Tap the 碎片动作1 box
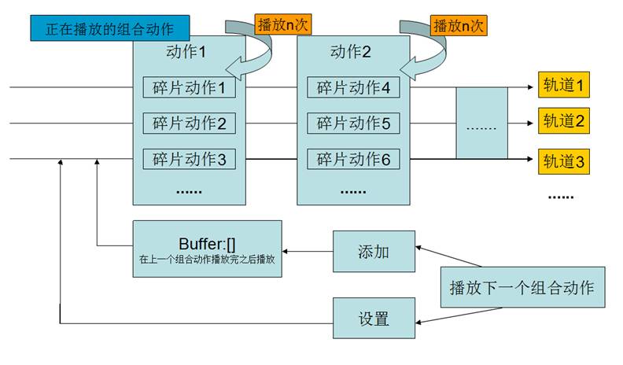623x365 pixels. point(190,87)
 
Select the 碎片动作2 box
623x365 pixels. point(190,124)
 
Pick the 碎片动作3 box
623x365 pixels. point(190,160)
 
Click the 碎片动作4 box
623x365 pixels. point(354,87)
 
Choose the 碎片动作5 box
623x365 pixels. point(354,124)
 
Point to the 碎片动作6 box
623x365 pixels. point(354,160)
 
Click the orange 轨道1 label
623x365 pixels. point(562,85)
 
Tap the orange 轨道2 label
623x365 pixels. point(562,122)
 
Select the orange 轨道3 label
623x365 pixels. point(562,163)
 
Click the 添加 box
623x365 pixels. point(374,252)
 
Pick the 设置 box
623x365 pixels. point(374,319)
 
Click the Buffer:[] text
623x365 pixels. point(207,241)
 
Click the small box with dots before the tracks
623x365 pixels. point(481,124)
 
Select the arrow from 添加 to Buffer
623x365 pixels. point(308,252)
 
